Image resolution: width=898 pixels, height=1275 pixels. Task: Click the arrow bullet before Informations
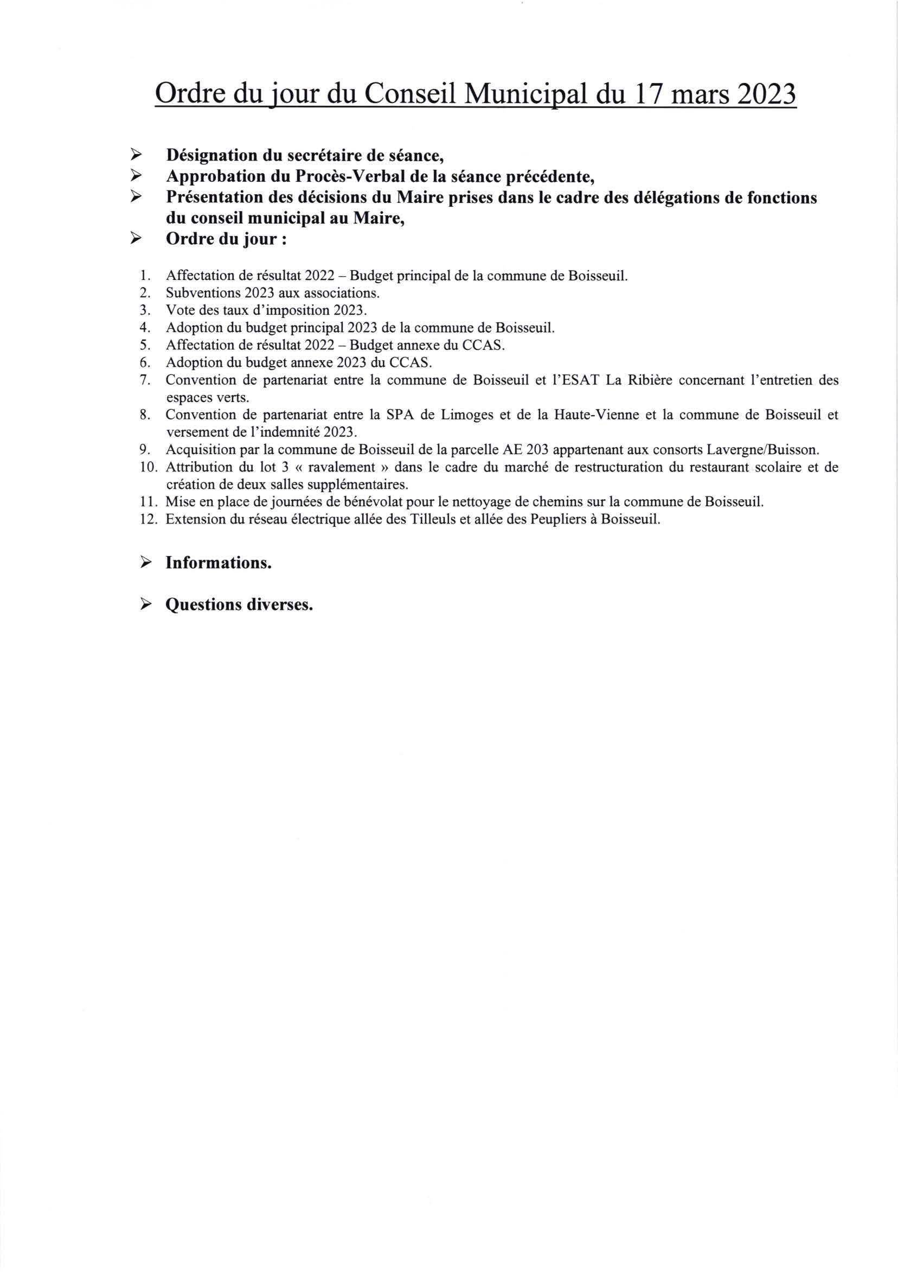146,563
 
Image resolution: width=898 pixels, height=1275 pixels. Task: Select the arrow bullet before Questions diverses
146,604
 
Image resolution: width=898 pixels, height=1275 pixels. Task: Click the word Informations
219,563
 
